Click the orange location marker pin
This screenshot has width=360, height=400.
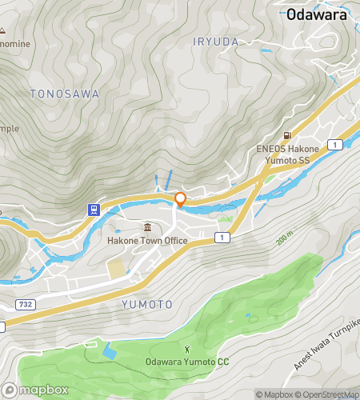click(180, 200)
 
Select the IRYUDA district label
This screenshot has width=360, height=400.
click(216, 40)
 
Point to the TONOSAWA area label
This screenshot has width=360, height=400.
click(65, 94)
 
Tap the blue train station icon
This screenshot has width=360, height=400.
click(94, 210)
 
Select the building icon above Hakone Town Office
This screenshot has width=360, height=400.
click(147, 227)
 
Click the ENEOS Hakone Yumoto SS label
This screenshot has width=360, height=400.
click(287, 154)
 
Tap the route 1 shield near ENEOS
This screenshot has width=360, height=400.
click(340, 144)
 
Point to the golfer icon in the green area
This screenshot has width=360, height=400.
click(187, 348)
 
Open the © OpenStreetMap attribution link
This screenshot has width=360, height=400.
click(328, 394)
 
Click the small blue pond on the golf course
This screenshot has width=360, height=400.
click(108, 350)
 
